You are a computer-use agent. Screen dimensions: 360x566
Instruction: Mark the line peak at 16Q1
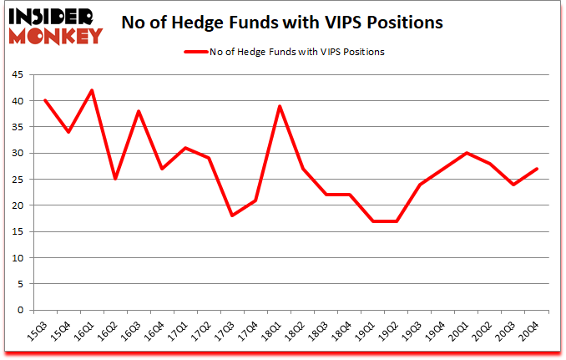[92, 90]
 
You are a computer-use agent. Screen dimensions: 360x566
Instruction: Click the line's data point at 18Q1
[279, 106]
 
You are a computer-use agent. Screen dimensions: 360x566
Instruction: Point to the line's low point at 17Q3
[232, 215]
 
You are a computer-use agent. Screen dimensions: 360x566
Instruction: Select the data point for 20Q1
[466, 153]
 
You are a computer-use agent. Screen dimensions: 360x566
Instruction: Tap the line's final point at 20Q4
[536, 169]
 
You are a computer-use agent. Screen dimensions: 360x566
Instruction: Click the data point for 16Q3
[139, 111]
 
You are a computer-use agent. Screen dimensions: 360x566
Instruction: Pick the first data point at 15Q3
[45, 101]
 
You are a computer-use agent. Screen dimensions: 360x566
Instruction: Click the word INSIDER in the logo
[51, 16]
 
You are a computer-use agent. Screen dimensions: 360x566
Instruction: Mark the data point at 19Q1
[372, 221]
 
